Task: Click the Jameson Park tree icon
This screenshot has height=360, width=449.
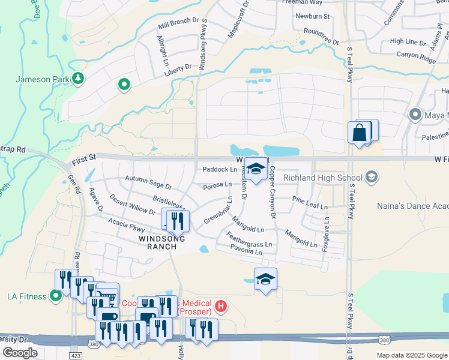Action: [x=77, y=79]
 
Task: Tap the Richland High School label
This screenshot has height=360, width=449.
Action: [x=322, y=178]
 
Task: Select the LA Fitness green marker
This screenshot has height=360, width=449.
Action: [x=56, y=296]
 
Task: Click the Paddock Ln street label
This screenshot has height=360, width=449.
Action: [x=220, y=170]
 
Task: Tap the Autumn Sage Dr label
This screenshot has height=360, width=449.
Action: [x=148, y=179]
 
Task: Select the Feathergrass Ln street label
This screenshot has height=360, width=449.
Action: [x=249, y=244]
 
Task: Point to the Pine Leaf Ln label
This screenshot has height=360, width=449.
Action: [x=310, y=202]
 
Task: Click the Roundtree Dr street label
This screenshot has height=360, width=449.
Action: [x=321, y=35]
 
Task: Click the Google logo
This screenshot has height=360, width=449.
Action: [x=20, y=353]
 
